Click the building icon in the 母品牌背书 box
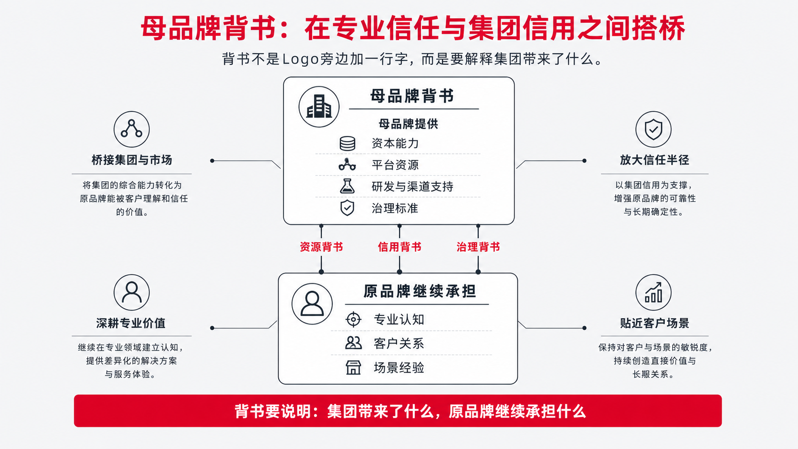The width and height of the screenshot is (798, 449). coord(319,106)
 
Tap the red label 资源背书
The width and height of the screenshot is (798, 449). coord(321,247)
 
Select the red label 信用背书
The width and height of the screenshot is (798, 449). coord(399,247)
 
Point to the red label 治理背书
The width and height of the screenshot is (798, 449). coord(478,247)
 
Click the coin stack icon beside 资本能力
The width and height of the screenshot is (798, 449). coord(347,144)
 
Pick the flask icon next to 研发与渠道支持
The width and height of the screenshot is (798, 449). coord(347,186)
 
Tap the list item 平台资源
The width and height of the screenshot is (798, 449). coord(395,165)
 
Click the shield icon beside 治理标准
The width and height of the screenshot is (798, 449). coord(347,208)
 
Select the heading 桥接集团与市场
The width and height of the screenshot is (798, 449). coord(132,160)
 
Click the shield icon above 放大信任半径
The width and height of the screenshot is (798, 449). coord(653,129)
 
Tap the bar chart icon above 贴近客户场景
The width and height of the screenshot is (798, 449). coord(653,292)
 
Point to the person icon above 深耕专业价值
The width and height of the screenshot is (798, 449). coord(131,292)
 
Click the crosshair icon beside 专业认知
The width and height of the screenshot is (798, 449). coord(353,319)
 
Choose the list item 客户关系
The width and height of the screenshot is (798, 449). coord(399,344)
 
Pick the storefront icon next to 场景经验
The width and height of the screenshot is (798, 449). coord(353,367)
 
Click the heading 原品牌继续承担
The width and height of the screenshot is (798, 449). coord(420,291)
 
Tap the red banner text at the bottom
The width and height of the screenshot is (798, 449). coord(410,411)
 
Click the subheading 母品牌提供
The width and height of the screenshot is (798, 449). coord(408,124)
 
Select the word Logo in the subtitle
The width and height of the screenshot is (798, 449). coord(300,59)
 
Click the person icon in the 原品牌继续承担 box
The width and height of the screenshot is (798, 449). coord(312,304)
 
